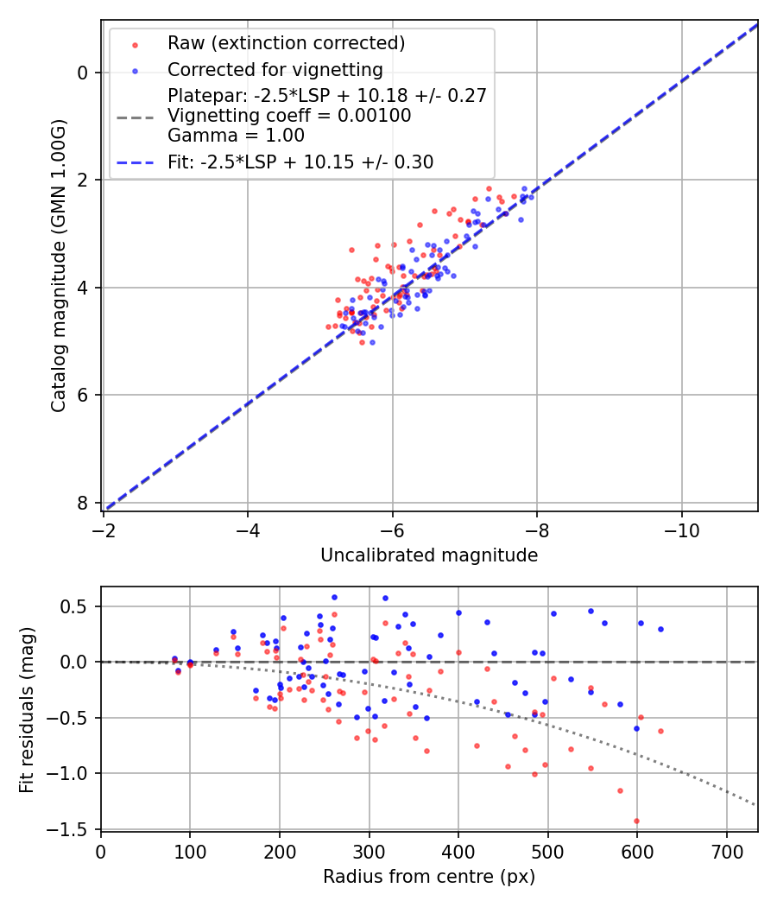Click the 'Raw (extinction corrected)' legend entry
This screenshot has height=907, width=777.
pyautogui.click(x=286, y=43)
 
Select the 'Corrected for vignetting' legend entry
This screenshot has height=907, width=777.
pyautogui.click(x=275, y=69)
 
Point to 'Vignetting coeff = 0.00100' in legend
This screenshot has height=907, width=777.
pyautogui.click(x=289, y=116)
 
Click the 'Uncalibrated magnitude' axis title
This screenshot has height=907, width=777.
pyautogui.click(x=429, y=555)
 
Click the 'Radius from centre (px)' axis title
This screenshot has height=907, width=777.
pyautogui.click(x=429, y=877)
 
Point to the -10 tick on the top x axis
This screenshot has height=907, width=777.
pyautogui.click(x=682, y=527)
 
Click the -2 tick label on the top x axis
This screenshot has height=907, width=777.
pyautogui.click(x=104, y=527)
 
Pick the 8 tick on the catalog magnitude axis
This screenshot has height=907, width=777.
pyautogui.click(x=83, y=503)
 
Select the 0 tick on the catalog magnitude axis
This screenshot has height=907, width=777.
pyautogui.click(x=83, y=73)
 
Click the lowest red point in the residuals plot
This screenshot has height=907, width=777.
pyautogui.click(x=637, y=821)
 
